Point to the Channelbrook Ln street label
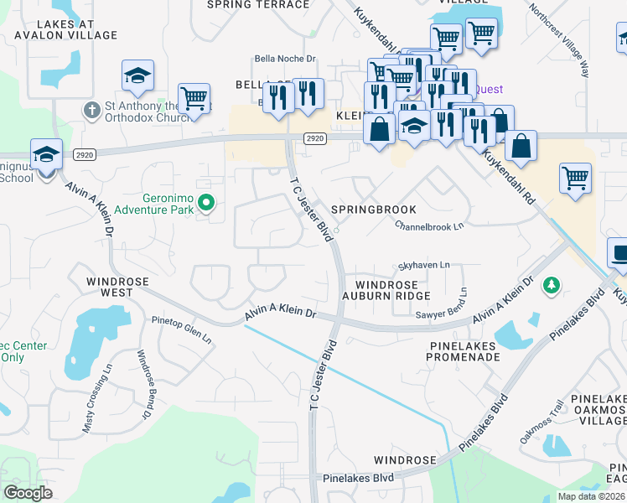pyautogui.click(x=429, y=226)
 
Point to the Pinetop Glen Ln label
pyautogui.click(x=182, y=328)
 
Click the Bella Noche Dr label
pyautogui.click(x=286, y=59)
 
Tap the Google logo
pyautogui.click(x=28, y=492)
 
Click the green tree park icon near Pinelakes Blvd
pyautogui.click(x=551, y=287)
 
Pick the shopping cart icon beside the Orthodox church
pyautogui.click(x=194, y=97)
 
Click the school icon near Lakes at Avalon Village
pyautogui.click(x=137, y=76)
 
